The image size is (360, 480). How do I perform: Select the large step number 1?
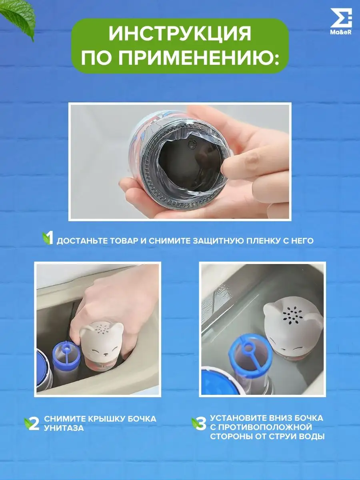pyautogui.click(x=50, y=238)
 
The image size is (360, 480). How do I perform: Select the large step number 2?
pyautogui.click(x=34, y=424)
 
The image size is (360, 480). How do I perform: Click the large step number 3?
pyautogui.click(x=201, y=424)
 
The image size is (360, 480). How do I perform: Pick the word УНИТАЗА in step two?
pyautogui.click(x=64, y=428)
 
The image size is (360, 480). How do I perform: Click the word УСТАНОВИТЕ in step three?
pyautogui.click(x=238, y=418)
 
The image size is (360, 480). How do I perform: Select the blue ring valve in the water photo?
pyautogui.click(x=250, y=355)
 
